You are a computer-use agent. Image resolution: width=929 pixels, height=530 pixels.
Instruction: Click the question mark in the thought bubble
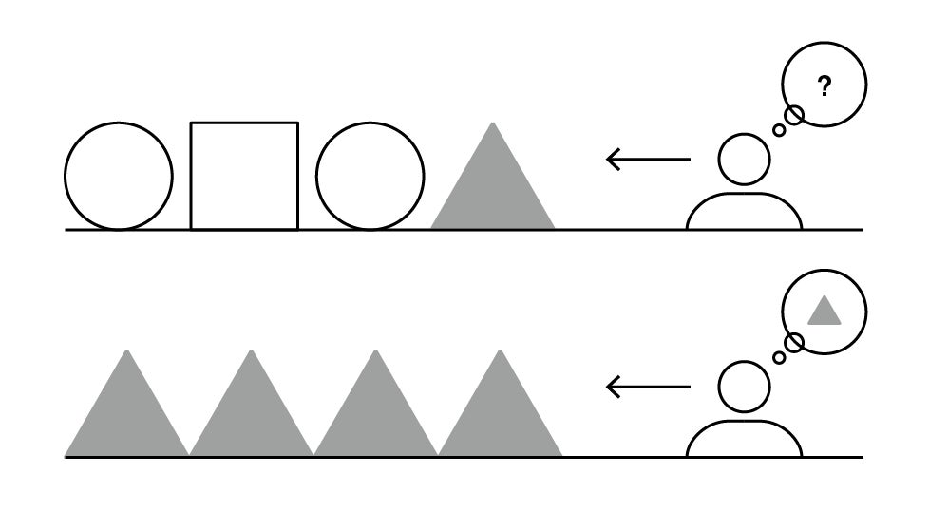[x=824, y=87]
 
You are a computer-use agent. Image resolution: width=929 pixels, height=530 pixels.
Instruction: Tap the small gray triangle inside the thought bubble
[x=824, y=312]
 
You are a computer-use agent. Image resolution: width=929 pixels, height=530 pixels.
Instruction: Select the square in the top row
[x=244, y=176]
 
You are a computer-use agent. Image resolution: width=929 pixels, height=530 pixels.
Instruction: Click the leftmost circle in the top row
[x=119, y=176]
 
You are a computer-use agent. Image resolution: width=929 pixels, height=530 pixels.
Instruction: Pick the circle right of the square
[x=370, y=176]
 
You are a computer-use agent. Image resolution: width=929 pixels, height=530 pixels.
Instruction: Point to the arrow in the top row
[x=648, y=159]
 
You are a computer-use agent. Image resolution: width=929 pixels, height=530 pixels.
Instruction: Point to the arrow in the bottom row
[x=648, y=387]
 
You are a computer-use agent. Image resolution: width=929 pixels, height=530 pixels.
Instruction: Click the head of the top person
[x=744, y=159]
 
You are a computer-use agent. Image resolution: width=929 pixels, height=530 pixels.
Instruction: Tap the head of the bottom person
[x=744, y=387]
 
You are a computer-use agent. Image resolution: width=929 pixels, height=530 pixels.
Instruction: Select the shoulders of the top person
[x=744, y=213]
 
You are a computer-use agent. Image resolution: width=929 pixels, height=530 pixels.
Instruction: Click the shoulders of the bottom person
[x=744, y=441]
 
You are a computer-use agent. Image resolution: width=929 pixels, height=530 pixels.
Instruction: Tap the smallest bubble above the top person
[x=779, y=130]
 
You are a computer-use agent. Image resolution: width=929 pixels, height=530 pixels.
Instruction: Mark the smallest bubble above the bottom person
[x=779, y=358]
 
